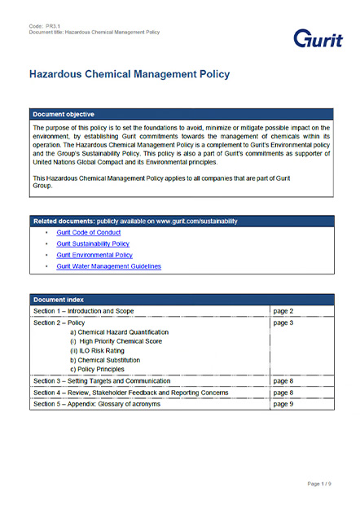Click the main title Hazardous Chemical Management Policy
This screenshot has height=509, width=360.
pos(129,74)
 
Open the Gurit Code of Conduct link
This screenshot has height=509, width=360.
pos(88,233)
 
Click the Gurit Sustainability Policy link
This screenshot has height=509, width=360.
pos(93,244)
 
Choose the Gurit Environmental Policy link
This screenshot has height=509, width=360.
pos(94,255)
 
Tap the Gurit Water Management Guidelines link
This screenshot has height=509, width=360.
pos(108,266)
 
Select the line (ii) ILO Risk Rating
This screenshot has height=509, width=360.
pos(100,351)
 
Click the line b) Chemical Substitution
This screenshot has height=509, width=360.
pos(105,360)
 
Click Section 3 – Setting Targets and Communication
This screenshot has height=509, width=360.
pos(102,380)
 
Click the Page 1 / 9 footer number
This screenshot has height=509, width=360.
pos(318,484)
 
